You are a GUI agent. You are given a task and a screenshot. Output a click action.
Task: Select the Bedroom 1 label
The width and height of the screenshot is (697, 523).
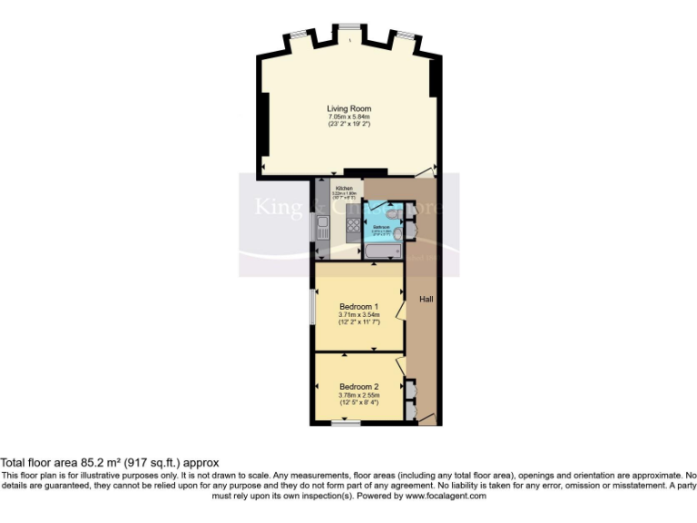pos(358,306)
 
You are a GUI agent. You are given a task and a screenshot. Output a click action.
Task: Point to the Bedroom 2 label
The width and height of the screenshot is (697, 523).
pos(358,386)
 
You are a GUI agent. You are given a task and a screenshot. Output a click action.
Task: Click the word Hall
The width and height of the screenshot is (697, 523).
pos(425,299)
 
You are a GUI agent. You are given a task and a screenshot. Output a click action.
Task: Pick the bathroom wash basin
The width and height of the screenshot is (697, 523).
pos(410,232)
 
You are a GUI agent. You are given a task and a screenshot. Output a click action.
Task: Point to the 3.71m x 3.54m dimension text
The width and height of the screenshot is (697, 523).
pos(358,315)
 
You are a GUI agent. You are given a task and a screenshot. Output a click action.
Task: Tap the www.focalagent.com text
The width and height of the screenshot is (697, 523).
pos(445,497)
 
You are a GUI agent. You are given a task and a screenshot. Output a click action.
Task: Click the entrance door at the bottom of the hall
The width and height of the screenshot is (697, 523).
pos(426,419)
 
